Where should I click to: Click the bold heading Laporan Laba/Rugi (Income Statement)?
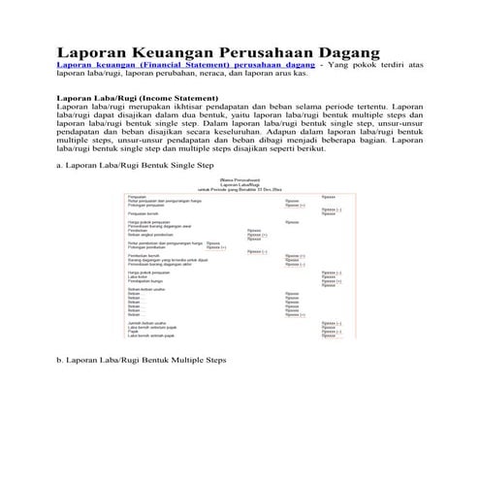(137, 99)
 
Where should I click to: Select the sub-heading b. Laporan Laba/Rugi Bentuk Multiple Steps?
(141, 359)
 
